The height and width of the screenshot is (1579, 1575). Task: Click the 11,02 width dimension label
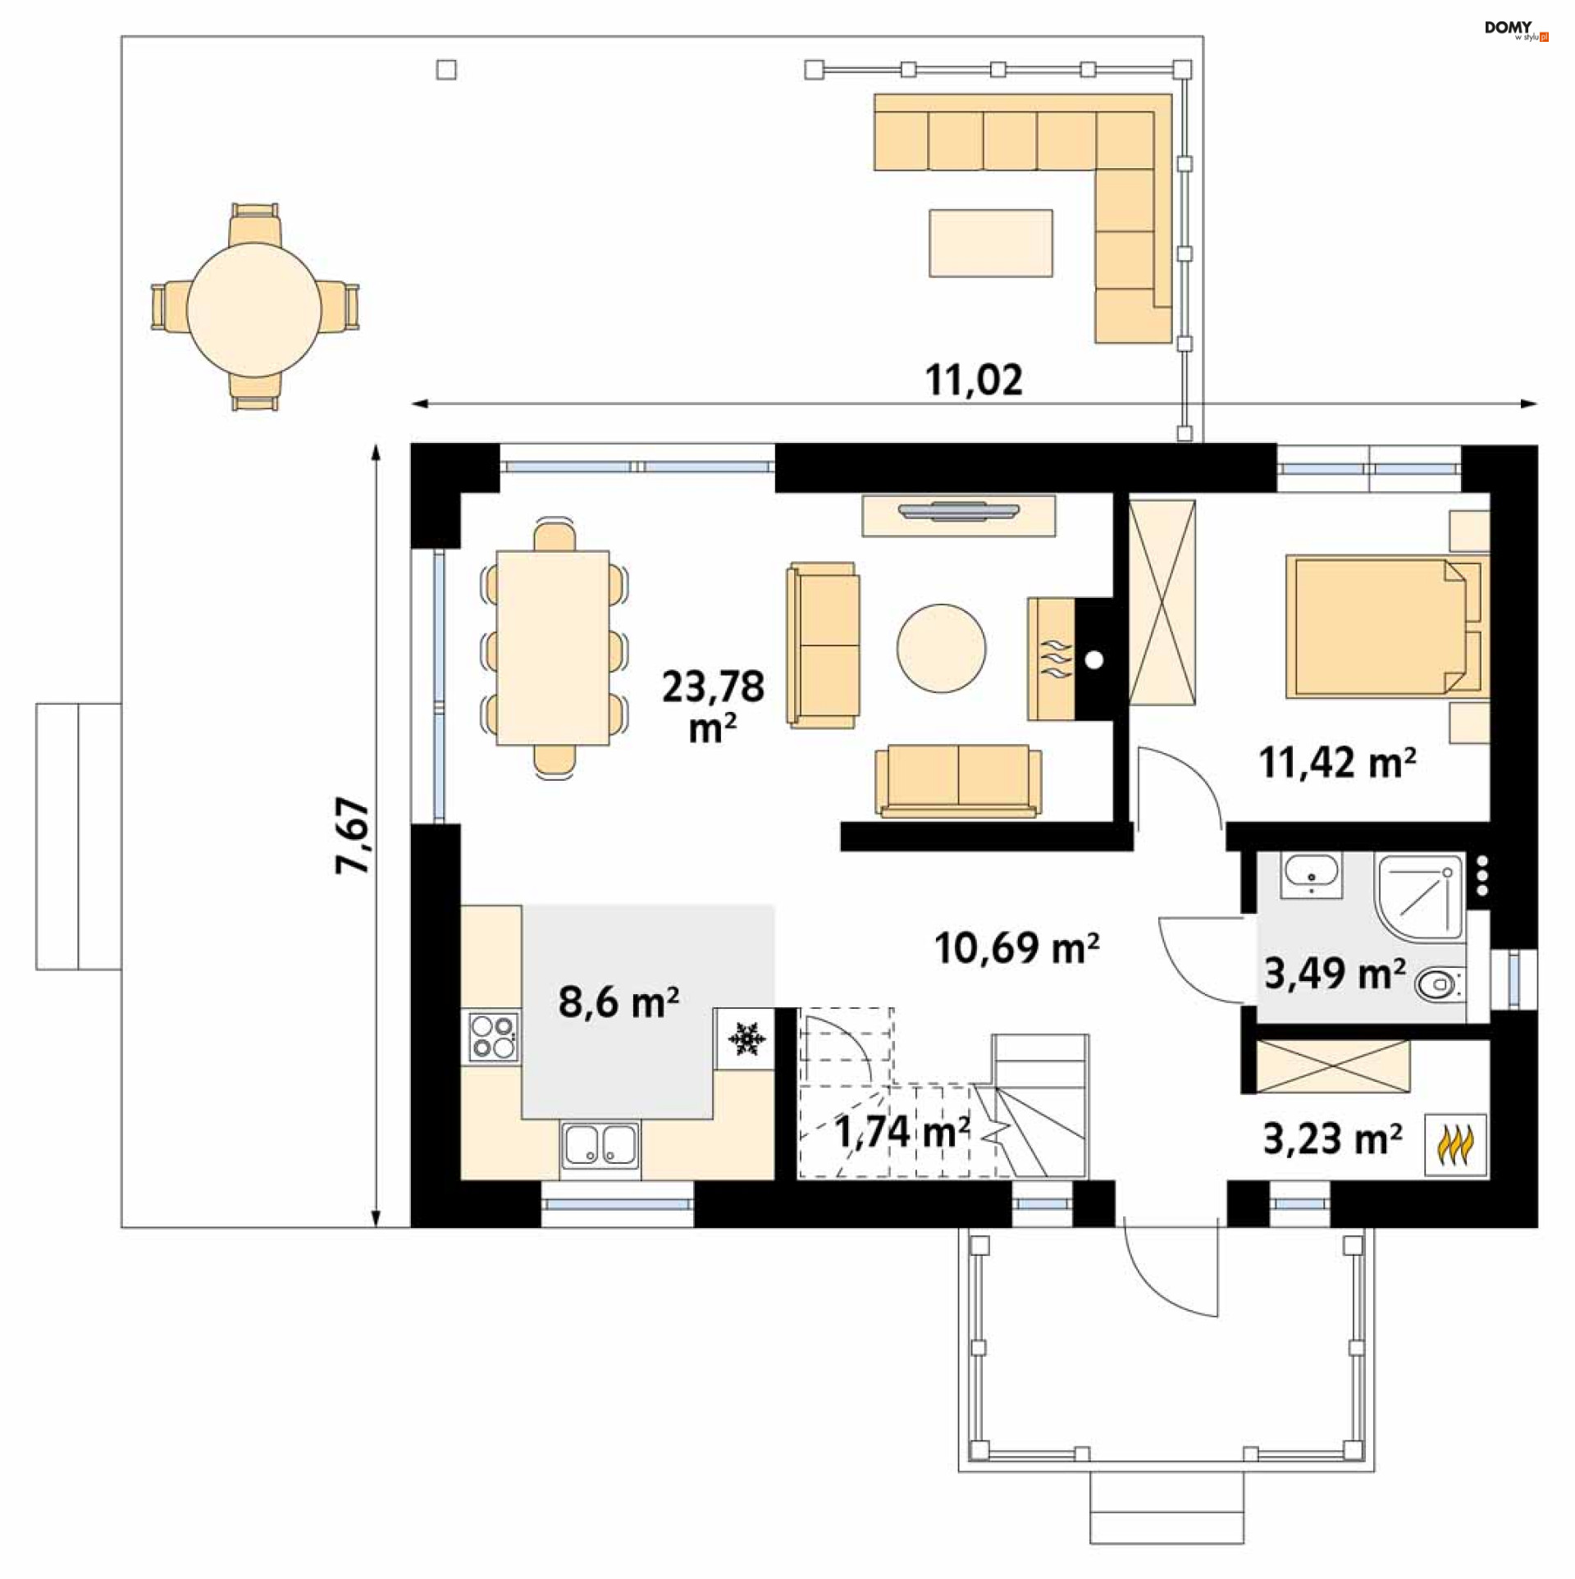point(974,380)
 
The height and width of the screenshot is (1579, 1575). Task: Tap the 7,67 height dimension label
point(353,835)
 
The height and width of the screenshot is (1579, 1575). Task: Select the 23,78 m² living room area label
point(713,705)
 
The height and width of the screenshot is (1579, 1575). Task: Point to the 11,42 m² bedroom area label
point(1337,762)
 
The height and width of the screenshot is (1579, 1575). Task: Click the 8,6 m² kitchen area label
point(619,1002)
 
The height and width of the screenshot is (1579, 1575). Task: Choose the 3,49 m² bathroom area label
point(1335,973)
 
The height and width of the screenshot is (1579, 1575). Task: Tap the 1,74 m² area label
point(902,1132)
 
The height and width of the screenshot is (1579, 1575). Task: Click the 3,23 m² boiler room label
point(1332,1139)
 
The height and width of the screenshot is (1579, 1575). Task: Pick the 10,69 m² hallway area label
point(1016,947)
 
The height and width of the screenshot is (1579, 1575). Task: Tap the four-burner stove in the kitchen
point(492,1037)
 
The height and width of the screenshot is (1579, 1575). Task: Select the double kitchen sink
point(600,1144)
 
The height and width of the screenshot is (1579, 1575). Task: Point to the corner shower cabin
point(1419,897)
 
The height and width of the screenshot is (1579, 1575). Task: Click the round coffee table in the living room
point(941,648)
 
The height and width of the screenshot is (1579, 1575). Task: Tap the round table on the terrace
point(254,309)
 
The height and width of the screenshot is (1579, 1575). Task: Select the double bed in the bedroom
point(1386,627)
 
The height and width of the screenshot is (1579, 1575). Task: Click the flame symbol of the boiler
point(1455,1145)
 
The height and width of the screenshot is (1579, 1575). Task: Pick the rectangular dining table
point(553,647)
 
